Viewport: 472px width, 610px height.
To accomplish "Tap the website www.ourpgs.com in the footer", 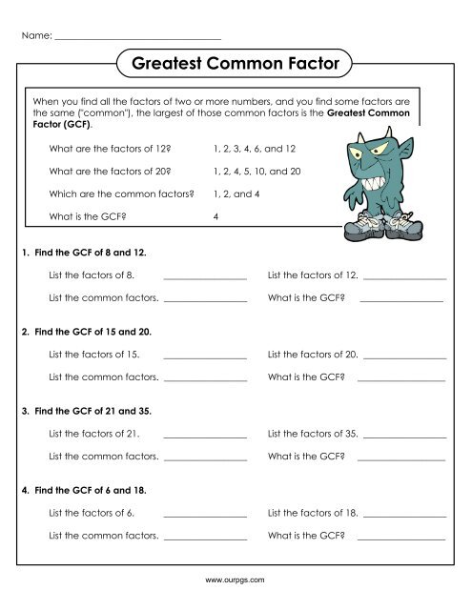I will (x=235, y=579).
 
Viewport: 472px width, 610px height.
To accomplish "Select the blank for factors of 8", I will (x=205, y=276).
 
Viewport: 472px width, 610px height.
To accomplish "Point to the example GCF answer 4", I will (x=218, y=216).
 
